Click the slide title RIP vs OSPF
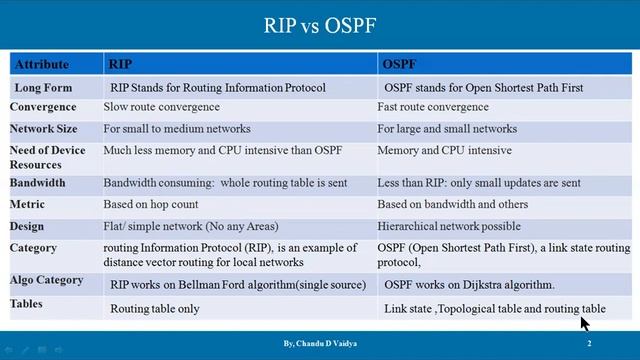320,24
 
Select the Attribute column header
41,65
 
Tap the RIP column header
119,65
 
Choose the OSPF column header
399,65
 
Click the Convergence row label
43,107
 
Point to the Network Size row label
44,129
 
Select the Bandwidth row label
38,183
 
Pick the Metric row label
27,205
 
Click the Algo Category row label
47,281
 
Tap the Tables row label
28,303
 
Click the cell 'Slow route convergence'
160,107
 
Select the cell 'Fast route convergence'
433,107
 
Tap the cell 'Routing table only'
155,309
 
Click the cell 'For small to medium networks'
174,129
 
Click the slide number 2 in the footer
589,344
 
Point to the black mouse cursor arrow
584,322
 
